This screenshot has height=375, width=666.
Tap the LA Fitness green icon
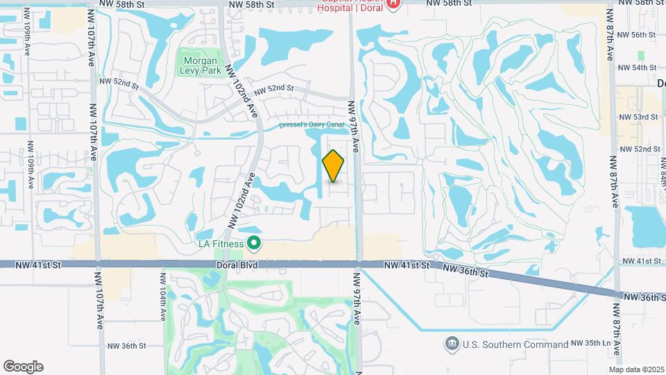(254, 243)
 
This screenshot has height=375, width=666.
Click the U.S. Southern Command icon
(452, 343)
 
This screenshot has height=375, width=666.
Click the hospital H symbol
(393, 4)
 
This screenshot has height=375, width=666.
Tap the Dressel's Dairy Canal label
(311, 126)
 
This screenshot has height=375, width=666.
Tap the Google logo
(23, 366)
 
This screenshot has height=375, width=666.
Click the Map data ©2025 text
(635, 369)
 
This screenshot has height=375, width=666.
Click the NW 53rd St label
(637, 117)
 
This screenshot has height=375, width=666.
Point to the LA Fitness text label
(221, 244)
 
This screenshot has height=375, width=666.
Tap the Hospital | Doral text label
(350, 8)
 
